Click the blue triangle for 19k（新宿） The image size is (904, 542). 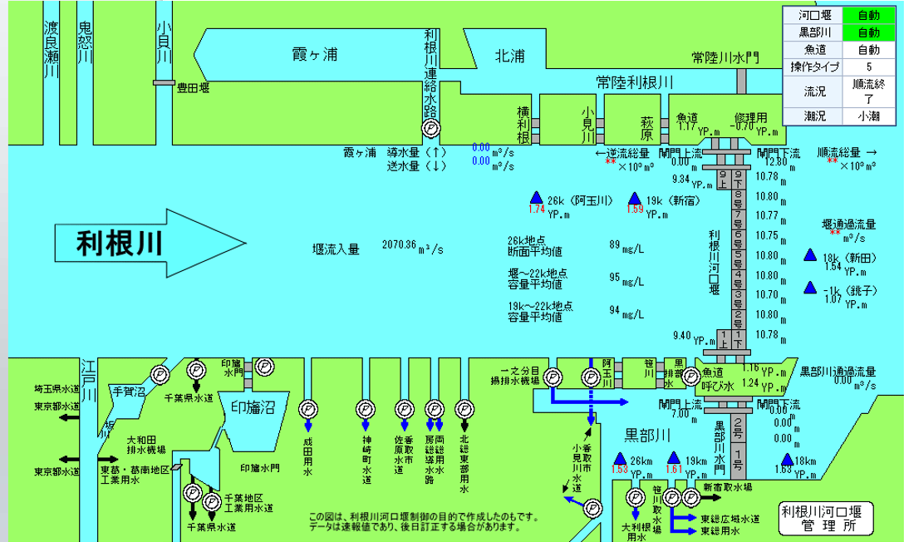coord(635,200)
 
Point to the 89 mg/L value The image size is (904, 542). coord(616,244)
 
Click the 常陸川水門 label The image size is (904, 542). coord(725,57)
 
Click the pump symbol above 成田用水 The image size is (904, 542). coord(307,408)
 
